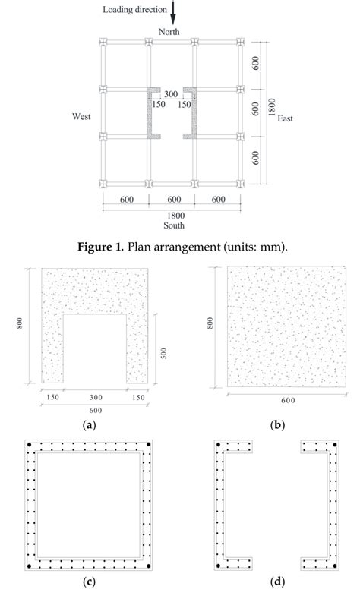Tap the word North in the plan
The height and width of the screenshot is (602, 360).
coord(168,30)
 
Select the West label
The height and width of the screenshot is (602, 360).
coord(81,118)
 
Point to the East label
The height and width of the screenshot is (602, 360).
coord(285,118)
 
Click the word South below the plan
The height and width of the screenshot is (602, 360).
coord(173,225)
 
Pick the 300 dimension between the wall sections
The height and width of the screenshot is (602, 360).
coord(172,94)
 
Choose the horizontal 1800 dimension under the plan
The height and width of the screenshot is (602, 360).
coord(172,215)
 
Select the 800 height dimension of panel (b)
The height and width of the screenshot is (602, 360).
coord(210,323)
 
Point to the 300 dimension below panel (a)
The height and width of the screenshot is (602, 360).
coord(90,396)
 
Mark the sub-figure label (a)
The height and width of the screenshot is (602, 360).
coord(90,425)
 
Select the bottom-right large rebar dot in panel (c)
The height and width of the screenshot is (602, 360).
coord(150,566)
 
